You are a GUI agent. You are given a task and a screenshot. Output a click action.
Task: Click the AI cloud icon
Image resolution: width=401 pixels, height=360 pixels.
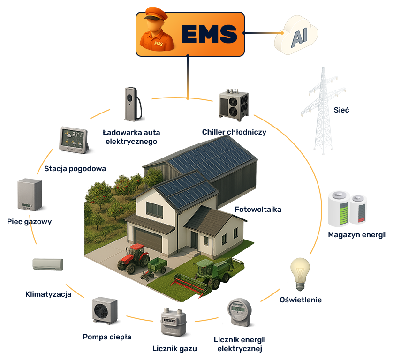click(x=296, y=35)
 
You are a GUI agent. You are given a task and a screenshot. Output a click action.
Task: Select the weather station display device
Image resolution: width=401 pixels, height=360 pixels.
click(x=74, y=140)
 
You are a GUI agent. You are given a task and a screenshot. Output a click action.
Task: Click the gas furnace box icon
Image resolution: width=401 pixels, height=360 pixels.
click(x=30, y=195)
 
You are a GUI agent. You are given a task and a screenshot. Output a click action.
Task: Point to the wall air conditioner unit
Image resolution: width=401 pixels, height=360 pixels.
click(x=48, y=264)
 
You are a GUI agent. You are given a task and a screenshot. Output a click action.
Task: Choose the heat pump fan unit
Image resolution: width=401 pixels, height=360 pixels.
click(x=105, y=310)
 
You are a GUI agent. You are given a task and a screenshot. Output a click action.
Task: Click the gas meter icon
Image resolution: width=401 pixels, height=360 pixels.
click(x=174, y=322)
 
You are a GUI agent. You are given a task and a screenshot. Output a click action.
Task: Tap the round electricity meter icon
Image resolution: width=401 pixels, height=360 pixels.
click(x=240, y=312)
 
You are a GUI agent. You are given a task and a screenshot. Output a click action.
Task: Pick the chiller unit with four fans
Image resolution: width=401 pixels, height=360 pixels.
click(x=234, y=105)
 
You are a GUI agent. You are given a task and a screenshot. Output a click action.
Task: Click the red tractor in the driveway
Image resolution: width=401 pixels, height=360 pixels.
click(x=133, y=258)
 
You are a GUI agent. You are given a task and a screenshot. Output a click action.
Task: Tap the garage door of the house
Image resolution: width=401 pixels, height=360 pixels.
click(x=149, y=240)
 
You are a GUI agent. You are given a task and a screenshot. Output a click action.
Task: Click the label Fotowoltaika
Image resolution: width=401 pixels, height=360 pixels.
click(x=258, y=210)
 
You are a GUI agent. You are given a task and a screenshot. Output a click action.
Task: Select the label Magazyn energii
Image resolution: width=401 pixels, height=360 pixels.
click(x=357, y=235)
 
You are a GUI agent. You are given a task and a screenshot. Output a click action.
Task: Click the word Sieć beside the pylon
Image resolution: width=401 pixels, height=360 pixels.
click(x=341, y=110)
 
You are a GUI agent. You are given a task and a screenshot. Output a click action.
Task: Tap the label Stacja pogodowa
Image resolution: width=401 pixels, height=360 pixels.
click(x=75, y=169)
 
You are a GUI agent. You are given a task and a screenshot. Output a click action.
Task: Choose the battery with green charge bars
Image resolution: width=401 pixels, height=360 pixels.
click(x=339, y=209)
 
